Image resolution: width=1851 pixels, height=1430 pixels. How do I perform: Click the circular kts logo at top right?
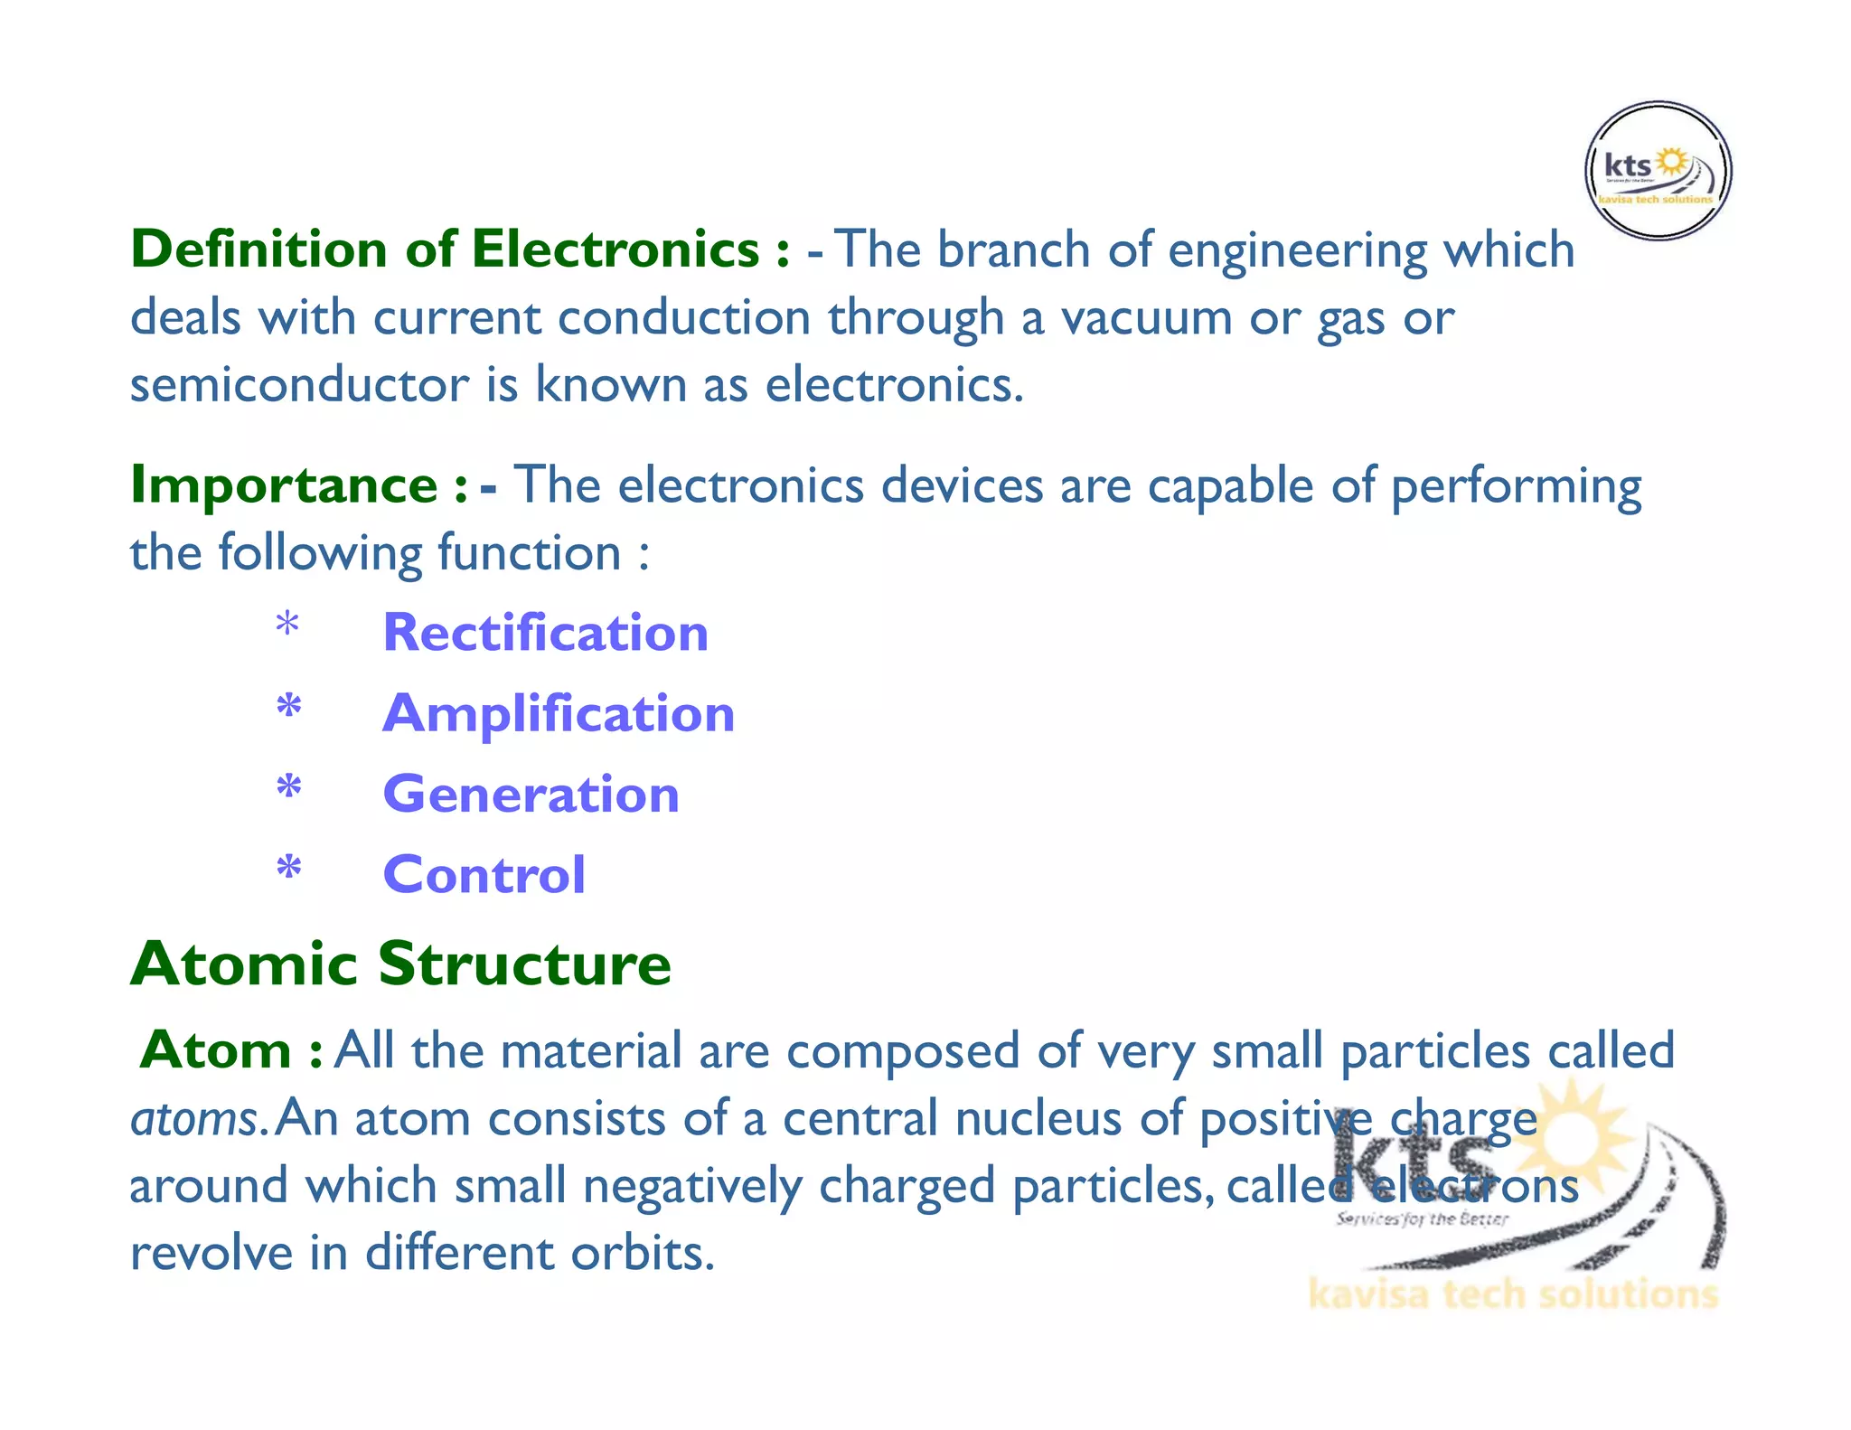coord(1658,171)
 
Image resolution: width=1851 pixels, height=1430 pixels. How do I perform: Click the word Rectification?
coord(546,632)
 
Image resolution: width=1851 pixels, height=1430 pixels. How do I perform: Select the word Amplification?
coord(559,713)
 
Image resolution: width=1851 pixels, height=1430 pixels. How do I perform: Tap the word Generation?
coord(531,795)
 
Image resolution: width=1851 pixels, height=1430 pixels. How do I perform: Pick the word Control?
coord(484,875)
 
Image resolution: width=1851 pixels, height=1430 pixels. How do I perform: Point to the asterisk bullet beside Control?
coord(288,869)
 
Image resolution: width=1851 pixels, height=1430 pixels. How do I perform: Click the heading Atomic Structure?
coord(400,964)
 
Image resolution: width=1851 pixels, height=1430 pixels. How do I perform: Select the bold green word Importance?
coord(284,485)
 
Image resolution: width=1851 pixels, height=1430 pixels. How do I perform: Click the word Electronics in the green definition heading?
coord(615,249)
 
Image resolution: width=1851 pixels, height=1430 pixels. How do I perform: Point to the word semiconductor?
coord(299,385)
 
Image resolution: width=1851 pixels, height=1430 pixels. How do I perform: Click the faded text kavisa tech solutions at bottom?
coord(1512,1294)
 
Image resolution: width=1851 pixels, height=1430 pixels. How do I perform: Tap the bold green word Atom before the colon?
coord(216,1050)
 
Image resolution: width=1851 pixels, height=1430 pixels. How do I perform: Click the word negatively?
coord(691,1186)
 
